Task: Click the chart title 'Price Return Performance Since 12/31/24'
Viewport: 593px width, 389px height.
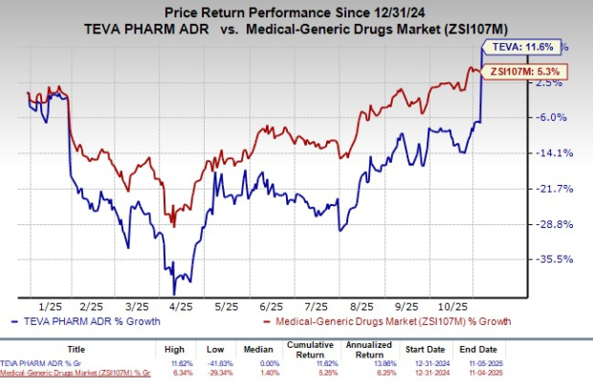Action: [296, 12]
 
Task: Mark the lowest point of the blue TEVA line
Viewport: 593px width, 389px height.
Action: [174, 293]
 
